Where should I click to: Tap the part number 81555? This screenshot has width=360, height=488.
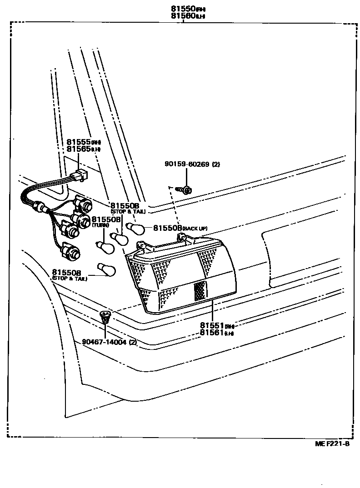pos(79,142)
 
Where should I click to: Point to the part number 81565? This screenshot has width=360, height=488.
pos(79,149)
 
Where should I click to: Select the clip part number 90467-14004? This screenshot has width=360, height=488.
pos(105,342)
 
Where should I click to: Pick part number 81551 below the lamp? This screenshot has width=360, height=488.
pos(212,325)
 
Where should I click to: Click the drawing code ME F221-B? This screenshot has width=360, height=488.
pos(332,444)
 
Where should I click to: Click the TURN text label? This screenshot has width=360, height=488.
pos(98,225)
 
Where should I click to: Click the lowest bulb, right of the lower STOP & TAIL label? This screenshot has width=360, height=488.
pos(107,270)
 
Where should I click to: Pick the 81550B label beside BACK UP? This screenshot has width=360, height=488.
pos(167,228)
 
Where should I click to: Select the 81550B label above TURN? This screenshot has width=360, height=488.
pos(106,219)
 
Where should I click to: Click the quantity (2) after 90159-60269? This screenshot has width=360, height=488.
pos(215,164)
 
